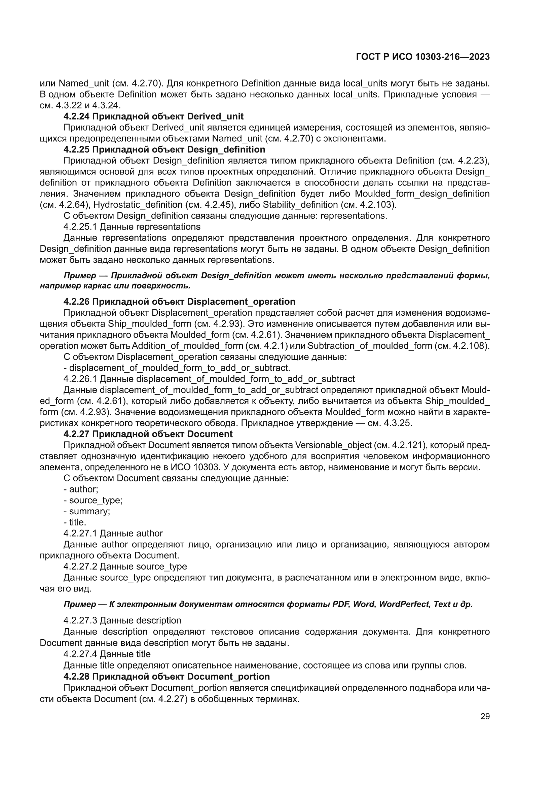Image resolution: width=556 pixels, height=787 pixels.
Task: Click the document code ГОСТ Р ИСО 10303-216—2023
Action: pyautogui.click(x=423, y=57)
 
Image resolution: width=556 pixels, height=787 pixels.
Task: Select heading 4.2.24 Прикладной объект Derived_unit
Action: pyautogui.click(x=153, y=116)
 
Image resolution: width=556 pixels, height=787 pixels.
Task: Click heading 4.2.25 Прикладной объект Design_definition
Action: pyautogui.click(x=164, y=149)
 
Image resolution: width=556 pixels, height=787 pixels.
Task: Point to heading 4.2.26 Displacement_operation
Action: pyautogui.click(x=179, y=302)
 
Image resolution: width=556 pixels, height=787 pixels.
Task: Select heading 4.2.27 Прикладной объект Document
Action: pyautogui.click(x=148, y=434)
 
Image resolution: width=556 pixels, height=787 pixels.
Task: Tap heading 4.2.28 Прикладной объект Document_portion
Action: pyautogui.click(x=166, y=676)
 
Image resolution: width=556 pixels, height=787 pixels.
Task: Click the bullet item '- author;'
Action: pyautogui.click(x=81, y=489)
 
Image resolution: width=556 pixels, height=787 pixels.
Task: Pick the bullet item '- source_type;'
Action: pyautogui.click(x=93, y=500)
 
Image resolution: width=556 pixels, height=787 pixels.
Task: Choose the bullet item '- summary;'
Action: pyautogui.click(x=87, y=511)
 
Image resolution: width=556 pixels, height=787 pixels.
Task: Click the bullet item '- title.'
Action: pyautogui.click(x=75, y=522)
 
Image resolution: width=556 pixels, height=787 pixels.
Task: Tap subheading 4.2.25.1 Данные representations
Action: pyautogui.click(x=132, y=227)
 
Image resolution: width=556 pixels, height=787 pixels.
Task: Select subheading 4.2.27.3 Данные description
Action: pyautogui.click(x=122, y=620)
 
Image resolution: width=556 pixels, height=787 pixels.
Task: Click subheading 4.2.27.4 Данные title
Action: pyautogui.click(x=107, y=654)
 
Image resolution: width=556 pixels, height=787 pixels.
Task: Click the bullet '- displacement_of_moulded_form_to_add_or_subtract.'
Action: pyautogui.click(x=177, y=368)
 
